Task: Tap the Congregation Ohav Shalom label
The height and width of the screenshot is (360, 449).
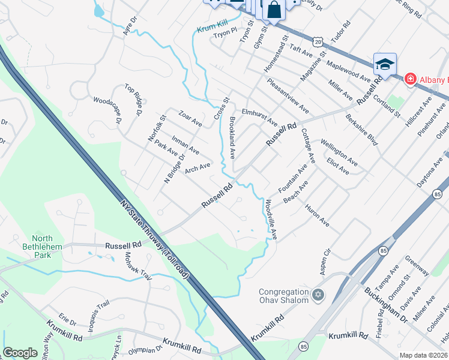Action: pyautogui.click(x=283, y=296)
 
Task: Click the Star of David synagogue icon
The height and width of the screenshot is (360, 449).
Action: pyautogui.click(x=318, y=295)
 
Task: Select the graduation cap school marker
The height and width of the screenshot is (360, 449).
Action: pyautogui.click(x=384, y=64)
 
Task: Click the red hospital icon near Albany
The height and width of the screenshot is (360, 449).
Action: pyautogui.click(x=410, y=79)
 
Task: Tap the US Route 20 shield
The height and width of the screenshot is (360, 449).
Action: pyautogui.click(x=318, y=41)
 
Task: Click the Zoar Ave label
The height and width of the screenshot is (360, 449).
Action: pyautogui.click(x=190, y=118)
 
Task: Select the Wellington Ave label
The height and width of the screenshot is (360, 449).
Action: pyautogui.click(x=339, y=152)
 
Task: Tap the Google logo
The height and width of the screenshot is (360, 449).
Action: pyautogui.click(x=20, y=353)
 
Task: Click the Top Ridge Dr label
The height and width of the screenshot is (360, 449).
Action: pyautogui.click(x=133, y=100)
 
